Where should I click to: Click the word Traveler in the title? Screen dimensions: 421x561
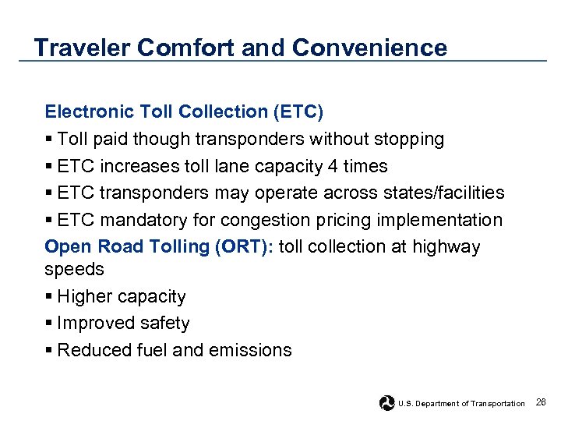82,48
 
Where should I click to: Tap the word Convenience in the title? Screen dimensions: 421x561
369,48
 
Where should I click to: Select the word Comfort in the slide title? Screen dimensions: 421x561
186,48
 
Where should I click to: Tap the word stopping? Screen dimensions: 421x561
405,140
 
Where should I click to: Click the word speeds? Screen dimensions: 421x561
74,269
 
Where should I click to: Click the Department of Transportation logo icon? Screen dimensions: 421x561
387,402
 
